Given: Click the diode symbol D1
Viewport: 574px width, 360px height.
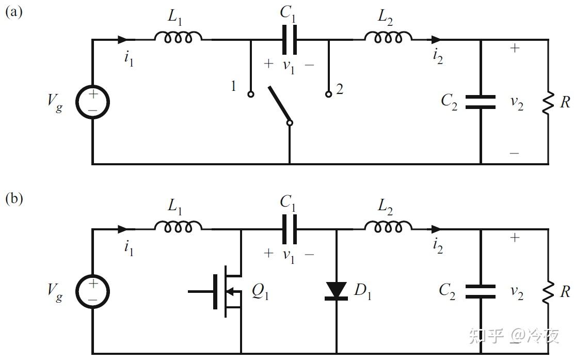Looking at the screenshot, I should point(337,290).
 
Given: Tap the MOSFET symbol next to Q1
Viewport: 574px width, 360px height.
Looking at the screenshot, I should point(227,291).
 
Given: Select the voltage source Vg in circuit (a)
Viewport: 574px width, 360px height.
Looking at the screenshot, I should point(93,101).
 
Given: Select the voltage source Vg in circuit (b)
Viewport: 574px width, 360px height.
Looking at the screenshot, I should point(93,291).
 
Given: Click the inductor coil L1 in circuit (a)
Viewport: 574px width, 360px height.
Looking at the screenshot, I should point(178,37).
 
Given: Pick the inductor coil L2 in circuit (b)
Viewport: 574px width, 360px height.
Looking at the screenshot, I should point(388,226).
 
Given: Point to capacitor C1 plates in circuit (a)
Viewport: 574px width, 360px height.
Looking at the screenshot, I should point(289,40).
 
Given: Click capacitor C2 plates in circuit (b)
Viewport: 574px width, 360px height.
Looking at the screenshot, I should point(481,291).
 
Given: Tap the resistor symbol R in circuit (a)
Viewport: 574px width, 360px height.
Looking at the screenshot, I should point(548,102).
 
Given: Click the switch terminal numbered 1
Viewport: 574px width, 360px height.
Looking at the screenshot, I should point(251,95).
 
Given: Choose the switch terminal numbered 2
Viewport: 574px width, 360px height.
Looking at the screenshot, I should point(328,95).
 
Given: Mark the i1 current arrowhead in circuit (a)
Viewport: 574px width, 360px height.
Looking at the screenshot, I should point(123,39).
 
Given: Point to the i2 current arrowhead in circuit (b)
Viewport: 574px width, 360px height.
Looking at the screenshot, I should point(436,229).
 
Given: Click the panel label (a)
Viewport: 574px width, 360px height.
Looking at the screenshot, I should point(14,11).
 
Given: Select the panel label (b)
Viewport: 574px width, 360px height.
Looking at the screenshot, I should point(14,199).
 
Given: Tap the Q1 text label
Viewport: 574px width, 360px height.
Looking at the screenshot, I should point(260,293).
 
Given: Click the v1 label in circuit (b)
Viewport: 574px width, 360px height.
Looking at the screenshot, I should point(289,255).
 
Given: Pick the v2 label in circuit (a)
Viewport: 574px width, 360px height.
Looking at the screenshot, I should point(517,103).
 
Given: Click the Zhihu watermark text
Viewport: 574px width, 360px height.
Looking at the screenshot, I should point(514,336).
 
